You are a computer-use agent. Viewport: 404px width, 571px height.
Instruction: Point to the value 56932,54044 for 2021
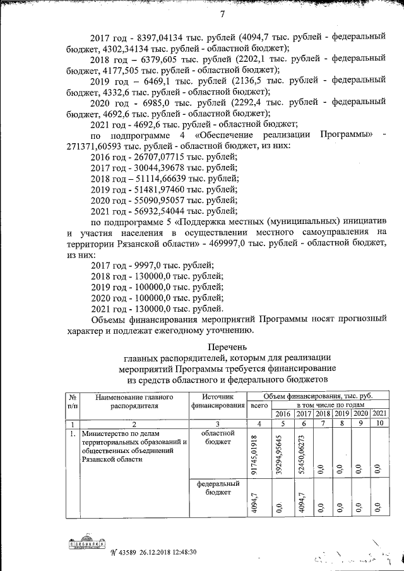click(159, 210)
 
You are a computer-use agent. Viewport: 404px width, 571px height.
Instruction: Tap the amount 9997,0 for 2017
click(146, 264)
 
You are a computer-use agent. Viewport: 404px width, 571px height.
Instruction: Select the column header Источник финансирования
click(218, 401)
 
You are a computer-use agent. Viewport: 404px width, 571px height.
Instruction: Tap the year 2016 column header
click(282, 413)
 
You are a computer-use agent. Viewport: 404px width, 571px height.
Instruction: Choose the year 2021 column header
click(379, 413)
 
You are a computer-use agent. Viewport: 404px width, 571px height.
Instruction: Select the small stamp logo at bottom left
click(86, 544)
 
